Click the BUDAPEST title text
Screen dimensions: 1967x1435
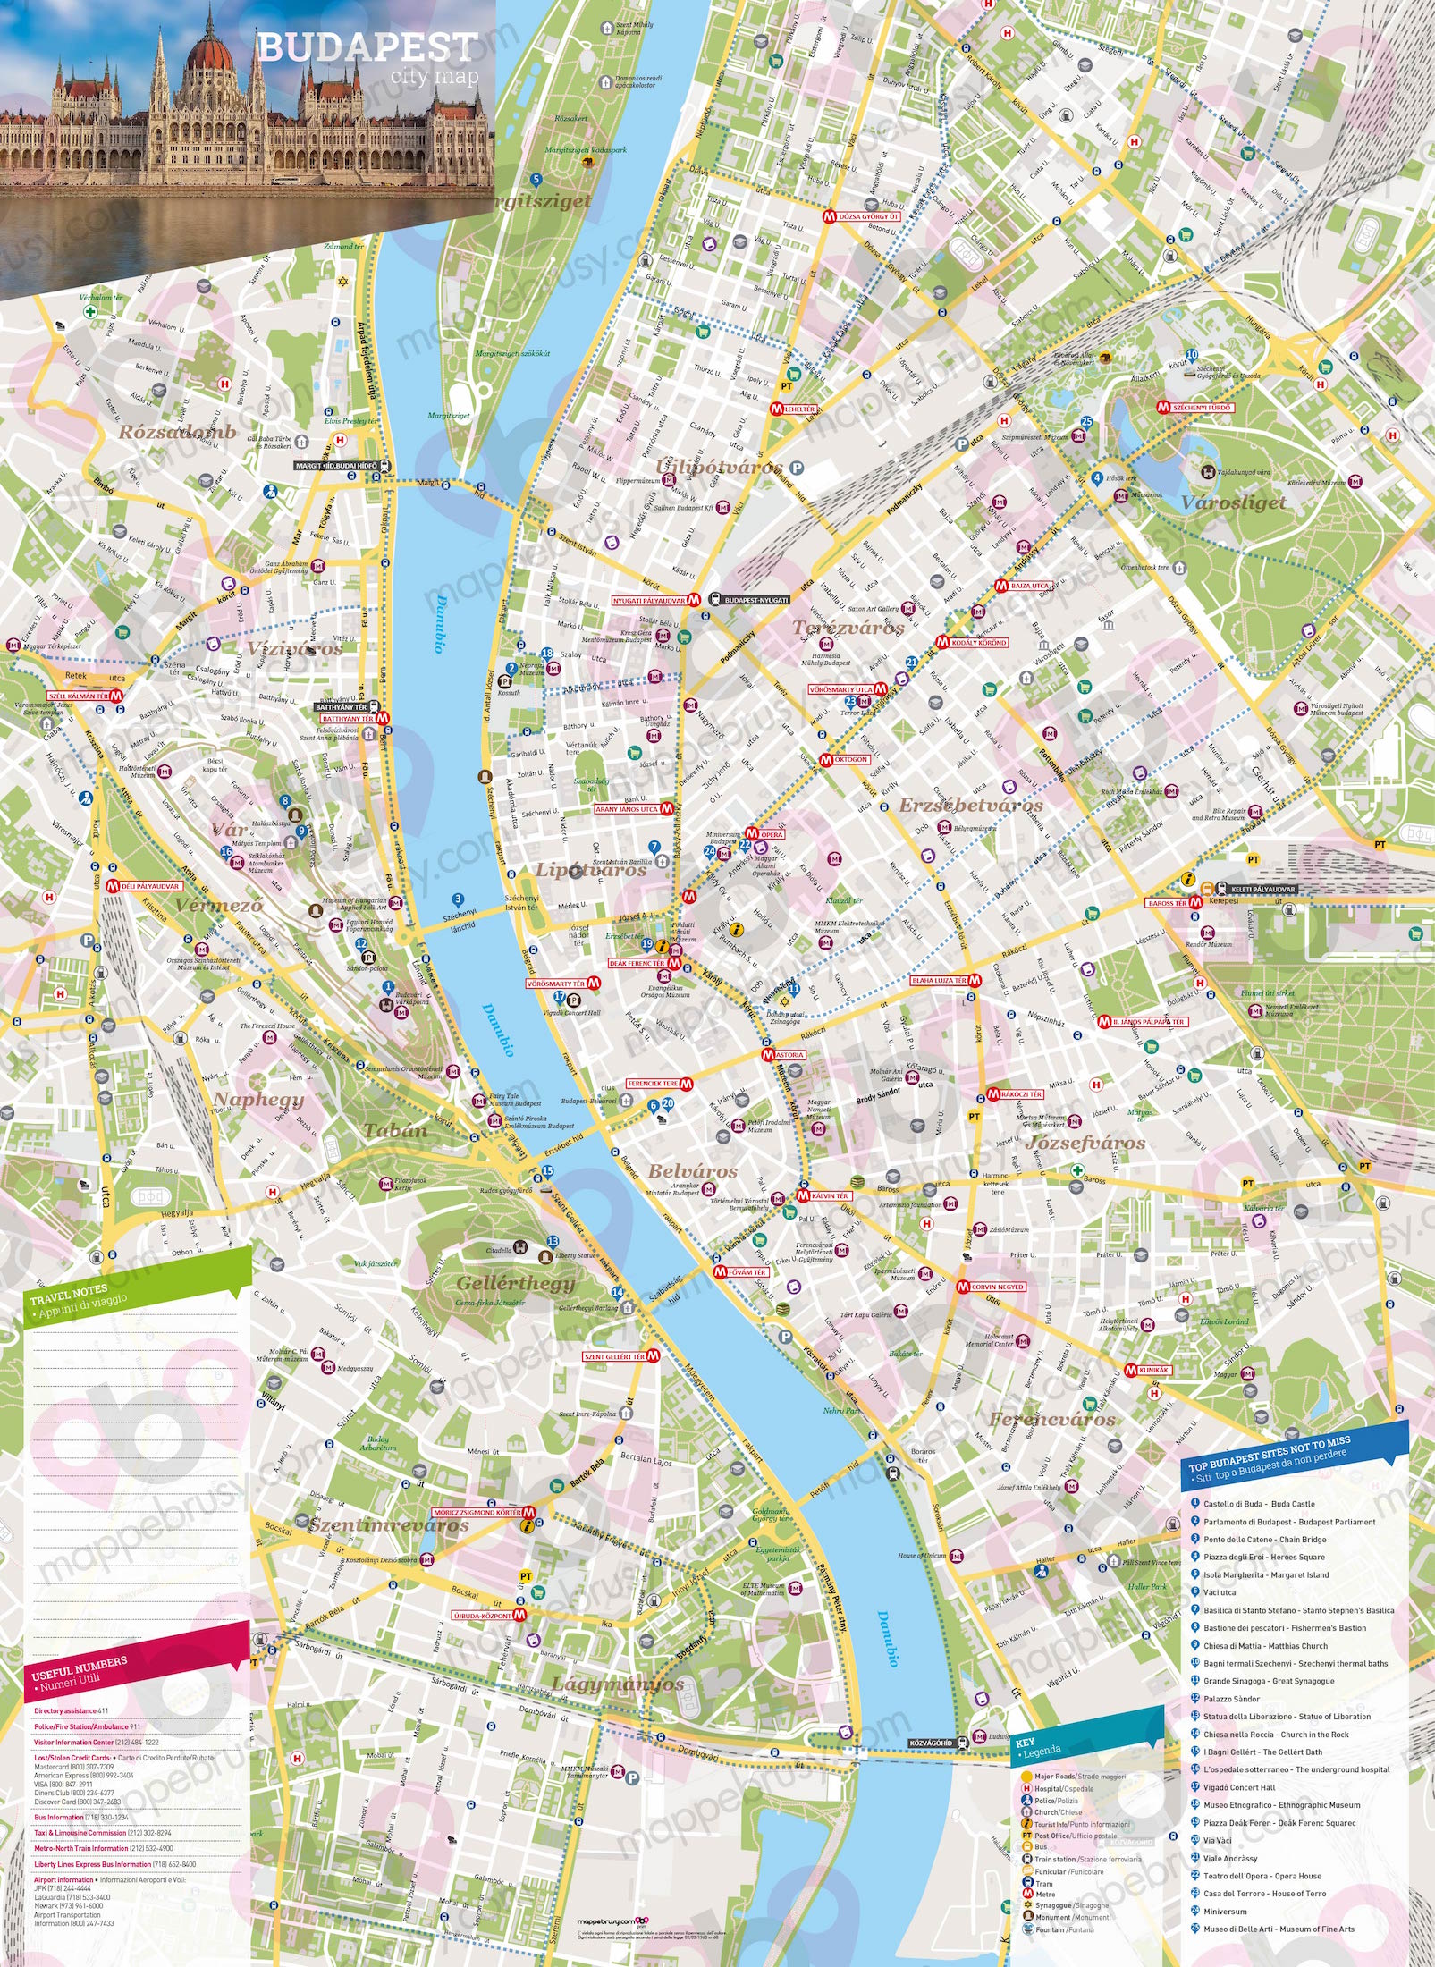[x=367, y=47]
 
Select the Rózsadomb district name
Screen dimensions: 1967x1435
[x=178, y=432]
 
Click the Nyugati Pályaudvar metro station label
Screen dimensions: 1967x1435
[x=649, y=601]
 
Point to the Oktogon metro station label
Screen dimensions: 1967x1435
[x=850, y=759]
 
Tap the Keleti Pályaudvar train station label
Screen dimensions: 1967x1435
[x=1262, y=890]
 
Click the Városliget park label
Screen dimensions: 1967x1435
[x=1233, y=502]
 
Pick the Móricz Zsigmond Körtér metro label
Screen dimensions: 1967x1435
[x=477, y=1513]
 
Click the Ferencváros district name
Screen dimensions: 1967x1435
[x=1051, y=1420]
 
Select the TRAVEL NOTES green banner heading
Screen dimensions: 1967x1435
[x=70, y=1296]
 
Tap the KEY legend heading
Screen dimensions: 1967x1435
[x=1026, y=1743]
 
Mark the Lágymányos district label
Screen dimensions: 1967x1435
[x=617, y=1684]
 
